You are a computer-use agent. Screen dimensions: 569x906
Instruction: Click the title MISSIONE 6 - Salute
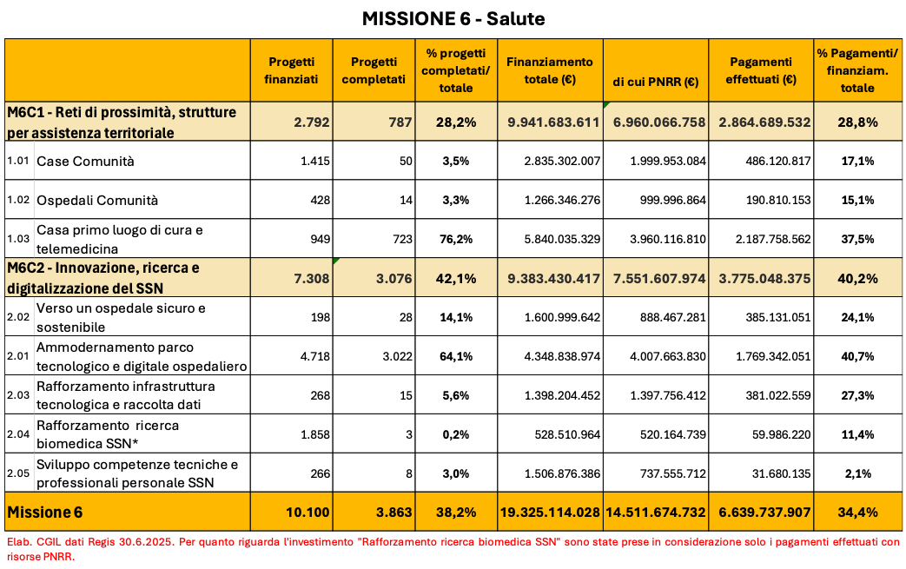click(453, 18)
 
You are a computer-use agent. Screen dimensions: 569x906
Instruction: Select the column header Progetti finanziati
click(291, 70)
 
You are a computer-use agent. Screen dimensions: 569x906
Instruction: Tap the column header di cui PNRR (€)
click(656, 83)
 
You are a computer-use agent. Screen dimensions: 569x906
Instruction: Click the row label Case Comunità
click(85, 161)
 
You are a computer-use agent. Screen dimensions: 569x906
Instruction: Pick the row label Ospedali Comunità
click(97, 200)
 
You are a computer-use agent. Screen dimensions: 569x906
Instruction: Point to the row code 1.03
click(18, 239)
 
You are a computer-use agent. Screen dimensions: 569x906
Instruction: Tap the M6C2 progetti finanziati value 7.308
click(311, 278)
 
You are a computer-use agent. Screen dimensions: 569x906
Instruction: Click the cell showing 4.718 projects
click(314, 356)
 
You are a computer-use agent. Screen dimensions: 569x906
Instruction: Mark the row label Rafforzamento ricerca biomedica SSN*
click(108, 433)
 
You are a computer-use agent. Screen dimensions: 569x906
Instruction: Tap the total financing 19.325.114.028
click(550, 513)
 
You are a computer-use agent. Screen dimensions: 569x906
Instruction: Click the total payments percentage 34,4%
click(857, 513)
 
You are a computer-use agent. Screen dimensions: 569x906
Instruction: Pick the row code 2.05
click(18, 473)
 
